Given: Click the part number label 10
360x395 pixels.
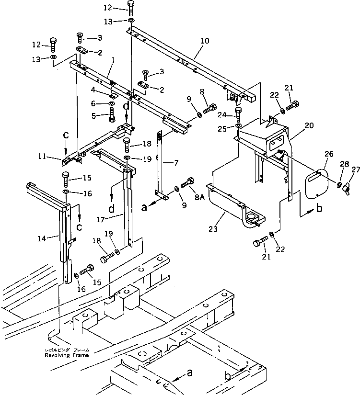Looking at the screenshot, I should point(205,42).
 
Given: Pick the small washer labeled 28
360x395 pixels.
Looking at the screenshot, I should point(339,185).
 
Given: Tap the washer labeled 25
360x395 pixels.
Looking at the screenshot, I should point(238,126).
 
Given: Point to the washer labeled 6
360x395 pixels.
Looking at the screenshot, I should point(111,103).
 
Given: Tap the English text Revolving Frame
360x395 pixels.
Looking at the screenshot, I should point(67,356).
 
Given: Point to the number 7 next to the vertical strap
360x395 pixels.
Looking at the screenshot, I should point(176,163).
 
